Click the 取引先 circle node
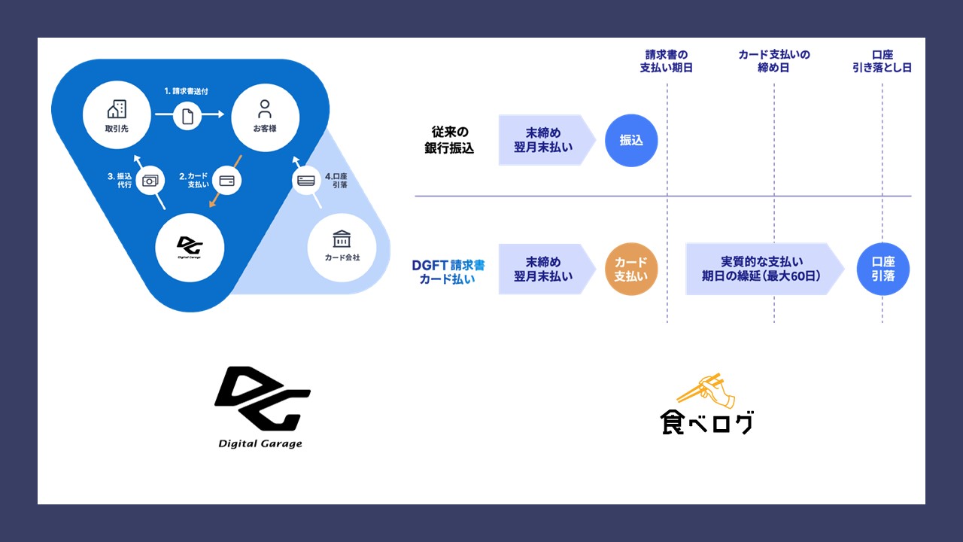(x=117, y=117)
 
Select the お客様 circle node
(x=265, y=117)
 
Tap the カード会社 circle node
(x=342, y=247)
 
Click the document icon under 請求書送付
(x=188, y=117)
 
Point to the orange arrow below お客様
(x=224, y=181)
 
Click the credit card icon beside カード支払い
(x=226, y=181)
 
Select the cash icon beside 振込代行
(x=150, y=181)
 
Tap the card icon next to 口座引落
(x=306, y=181)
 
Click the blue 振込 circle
(x=631, y=140)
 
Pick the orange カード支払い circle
(x=631, y=269)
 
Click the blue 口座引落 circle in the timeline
(x=883, y=269)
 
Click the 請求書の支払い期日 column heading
(x=667, y=61)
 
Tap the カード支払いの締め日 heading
(x=774, y=61)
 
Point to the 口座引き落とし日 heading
(x=881, y=61)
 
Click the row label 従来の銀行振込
(x=449, y=140)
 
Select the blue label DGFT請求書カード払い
(x=448, y=271)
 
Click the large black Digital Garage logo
(x=262, y=399)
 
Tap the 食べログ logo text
(x=707, y=422)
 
